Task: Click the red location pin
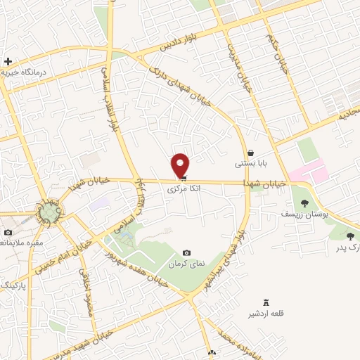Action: click(181, 165)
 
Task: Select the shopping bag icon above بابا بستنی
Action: click(250, 153)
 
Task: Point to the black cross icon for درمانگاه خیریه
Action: click(8, 62)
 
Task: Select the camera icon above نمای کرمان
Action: click(186, 252)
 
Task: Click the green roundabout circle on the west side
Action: click(49, 212)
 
